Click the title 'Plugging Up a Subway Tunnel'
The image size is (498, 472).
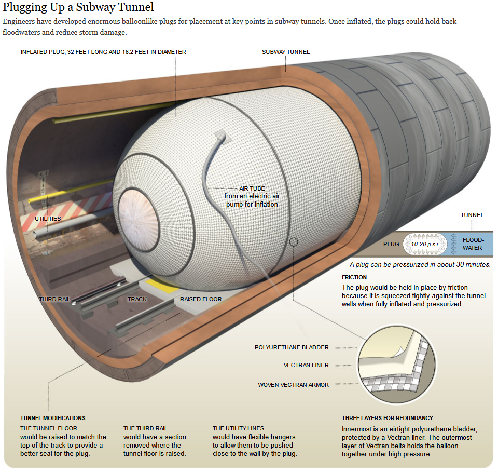78,8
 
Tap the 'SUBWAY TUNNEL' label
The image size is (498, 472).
285,52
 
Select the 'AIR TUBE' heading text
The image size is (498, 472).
252,188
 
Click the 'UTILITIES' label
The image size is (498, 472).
48,219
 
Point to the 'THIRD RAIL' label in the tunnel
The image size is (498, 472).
54,299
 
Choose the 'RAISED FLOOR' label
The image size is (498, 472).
201,299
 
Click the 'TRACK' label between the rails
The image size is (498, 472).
137,299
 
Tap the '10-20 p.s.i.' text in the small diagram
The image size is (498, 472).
425,244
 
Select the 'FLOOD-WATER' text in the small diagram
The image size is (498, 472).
473,244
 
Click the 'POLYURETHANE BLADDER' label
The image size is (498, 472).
292,347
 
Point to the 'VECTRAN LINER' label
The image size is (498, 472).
306,365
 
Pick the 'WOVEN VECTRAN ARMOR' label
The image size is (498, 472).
293,385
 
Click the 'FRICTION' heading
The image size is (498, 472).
354,277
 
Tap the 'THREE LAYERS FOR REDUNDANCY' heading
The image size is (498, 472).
387,418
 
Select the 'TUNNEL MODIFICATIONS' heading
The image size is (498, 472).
53,418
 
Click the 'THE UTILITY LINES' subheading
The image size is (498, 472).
239,428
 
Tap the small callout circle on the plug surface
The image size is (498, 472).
294,242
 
